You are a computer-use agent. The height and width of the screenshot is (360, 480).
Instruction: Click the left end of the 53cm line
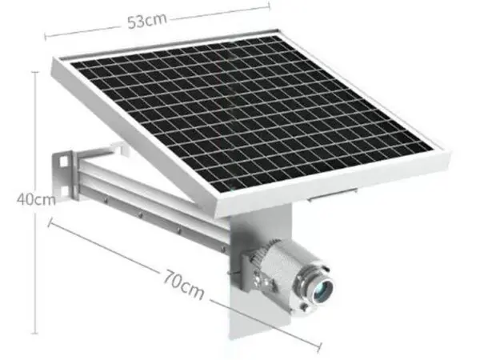pyautogui.click(x=46, y=34)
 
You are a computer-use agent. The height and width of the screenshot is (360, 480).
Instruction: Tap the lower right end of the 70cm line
pyautogui.click(x=320, y=348)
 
